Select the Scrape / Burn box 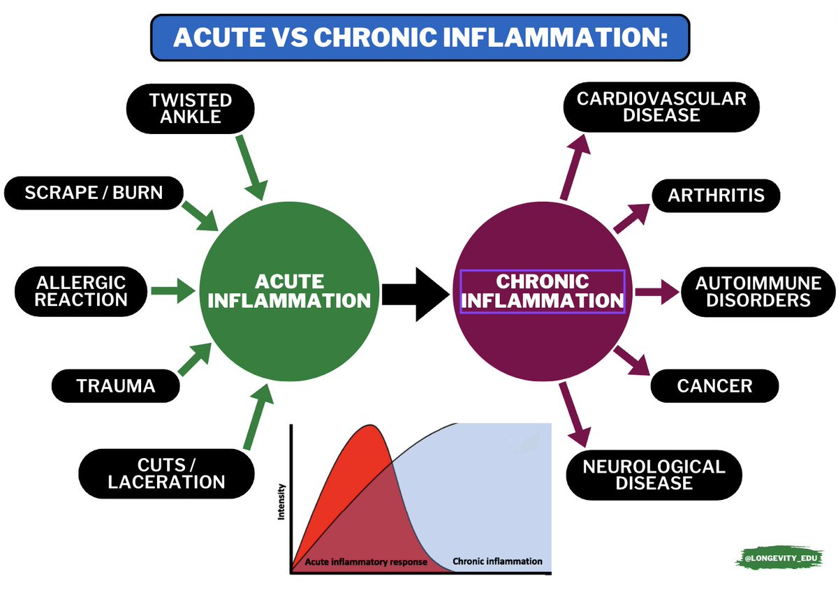point(94,192)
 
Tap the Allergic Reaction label point(82,290)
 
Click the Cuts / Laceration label point(166,473)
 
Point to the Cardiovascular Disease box point(661,107)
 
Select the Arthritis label point(716,196)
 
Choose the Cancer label point(714,386)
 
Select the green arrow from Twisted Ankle point(251,167)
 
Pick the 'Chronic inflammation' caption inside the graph point(497,561)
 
